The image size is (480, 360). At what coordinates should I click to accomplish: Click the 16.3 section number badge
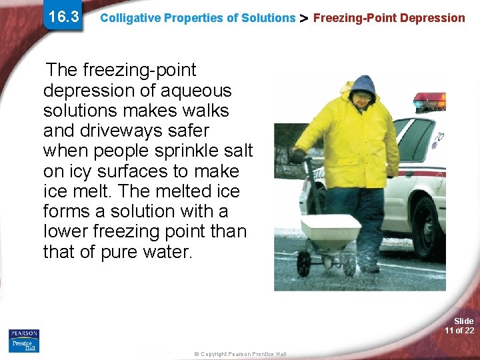(x=64, y=16)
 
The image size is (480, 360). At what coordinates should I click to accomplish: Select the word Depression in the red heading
(x=433, y=18)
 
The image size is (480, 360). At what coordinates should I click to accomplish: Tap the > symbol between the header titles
(x=303, y=18)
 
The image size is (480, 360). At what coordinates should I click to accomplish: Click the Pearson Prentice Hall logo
(x=24, y=340)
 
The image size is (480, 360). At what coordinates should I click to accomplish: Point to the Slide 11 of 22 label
(x=459, y=326)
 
